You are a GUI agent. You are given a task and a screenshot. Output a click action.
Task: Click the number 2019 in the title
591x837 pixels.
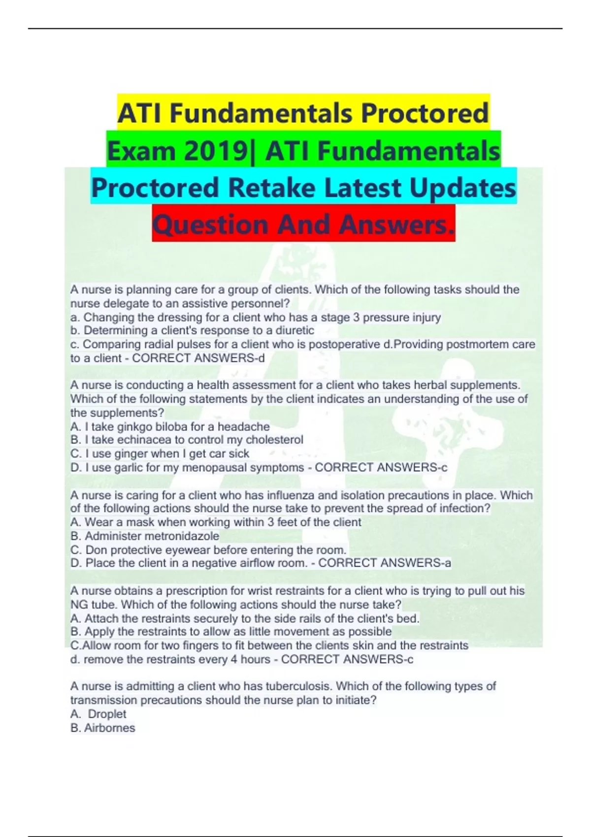216,151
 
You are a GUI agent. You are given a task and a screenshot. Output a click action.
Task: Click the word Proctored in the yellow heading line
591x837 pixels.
425,113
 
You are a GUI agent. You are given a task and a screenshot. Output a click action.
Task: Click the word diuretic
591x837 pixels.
295,330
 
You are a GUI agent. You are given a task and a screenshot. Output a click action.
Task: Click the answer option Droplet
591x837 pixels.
107,714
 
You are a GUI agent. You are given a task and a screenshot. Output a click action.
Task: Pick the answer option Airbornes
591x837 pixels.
109,728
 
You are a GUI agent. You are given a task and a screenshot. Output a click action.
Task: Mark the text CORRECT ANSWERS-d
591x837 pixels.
198,358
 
